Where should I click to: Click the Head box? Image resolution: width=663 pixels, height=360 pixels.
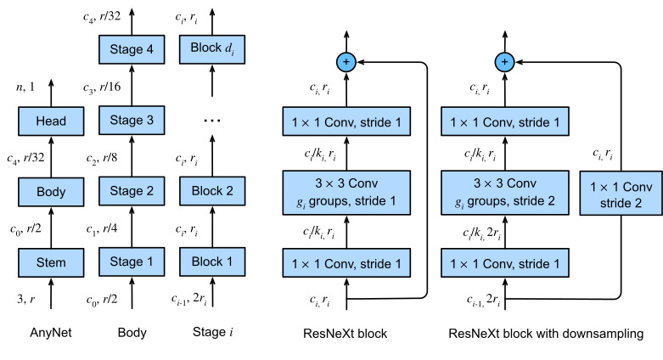(x=51, y=121)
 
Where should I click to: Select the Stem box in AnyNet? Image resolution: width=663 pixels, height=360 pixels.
(x=51, y=262)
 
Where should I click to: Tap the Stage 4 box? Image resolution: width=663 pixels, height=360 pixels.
(x=132, y=49)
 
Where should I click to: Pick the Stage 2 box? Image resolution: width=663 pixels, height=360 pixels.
(x=132, y=191)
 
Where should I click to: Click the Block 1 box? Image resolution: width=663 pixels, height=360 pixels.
(x=212, y=262)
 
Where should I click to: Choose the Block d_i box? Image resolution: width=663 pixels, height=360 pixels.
(x=212, y=49)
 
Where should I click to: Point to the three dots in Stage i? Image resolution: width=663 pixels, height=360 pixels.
(x=212, y=121)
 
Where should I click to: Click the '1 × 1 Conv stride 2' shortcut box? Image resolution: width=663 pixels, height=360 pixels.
(x=621, y=193)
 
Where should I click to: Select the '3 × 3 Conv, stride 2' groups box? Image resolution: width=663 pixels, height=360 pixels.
(x=505, y=193)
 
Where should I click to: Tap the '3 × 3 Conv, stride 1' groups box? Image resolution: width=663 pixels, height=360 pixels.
(x=346, y=193)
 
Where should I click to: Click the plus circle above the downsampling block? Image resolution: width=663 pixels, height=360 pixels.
(x=504, y=62)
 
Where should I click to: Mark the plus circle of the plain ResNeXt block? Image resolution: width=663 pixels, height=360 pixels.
(x=346, y=62)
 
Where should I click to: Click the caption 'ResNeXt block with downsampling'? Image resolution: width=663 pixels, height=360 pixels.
(x=546, y=334)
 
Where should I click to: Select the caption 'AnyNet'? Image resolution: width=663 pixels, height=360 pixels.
(x=51, y=333)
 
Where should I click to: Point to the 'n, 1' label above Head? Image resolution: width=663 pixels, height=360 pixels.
(x=25, y=87)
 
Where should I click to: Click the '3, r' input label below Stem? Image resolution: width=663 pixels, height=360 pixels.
(x=25, y=299)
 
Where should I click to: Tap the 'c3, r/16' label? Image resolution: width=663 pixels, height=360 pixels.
(x=102, y=87)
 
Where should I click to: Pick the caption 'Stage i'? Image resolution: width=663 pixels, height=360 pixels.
(x=213, y=332)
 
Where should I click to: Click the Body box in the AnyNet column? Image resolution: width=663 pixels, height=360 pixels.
(x=51, y=192)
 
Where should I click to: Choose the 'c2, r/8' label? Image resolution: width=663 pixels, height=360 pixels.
(x=102, y=158)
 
